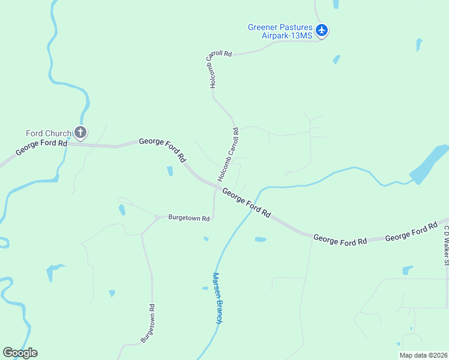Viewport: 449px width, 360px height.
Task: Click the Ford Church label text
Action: coord(48,133)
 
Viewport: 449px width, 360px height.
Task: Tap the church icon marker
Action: coord(80,133)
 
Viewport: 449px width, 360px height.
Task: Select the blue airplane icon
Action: coord(322,30)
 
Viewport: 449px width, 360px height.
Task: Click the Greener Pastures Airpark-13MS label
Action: coord(280,31)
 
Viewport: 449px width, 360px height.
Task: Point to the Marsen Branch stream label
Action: coord(217,298)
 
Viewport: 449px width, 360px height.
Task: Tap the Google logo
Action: coord(20,353)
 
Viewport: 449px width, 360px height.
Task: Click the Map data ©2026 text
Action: coord(423,355)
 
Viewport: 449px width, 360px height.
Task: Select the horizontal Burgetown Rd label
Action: coord(188,218)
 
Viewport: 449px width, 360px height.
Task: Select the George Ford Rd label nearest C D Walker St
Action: coord(411,233)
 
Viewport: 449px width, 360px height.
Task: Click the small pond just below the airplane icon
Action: coord(336,60)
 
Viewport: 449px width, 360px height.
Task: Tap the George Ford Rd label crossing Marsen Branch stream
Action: coord(247,203)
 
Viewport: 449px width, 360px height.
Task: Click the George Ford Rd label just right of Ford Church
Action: coord(162,149)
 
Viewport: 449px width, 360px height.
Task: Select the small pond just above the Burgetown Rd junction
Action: coord(122,209)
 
